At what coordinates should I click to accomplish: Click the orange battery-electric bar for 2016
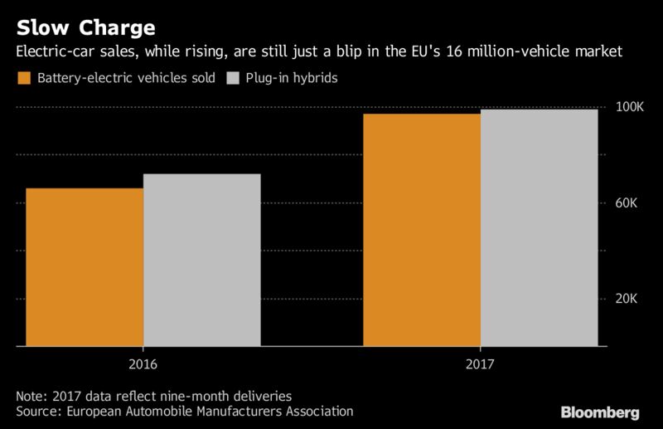click(x=85, y=266)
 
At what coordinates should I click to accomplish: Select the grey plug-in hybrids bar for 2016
click(x=201, y=260)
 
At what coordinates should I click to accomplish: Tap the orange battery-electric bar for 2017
click(x=422, y=229)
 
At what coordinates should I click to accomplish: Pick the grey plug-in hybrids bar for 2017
click(x=539, y=227)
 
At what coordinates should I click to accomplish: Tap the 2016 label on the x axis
click(x=143, y=363)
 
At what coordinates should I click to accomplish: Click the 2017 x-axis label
click(x=481, y=363)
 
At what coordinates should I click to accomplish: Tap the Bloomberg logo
click(x=600, y=412)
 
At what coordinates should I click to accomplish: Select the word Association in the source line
click(x=319, y=411)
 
